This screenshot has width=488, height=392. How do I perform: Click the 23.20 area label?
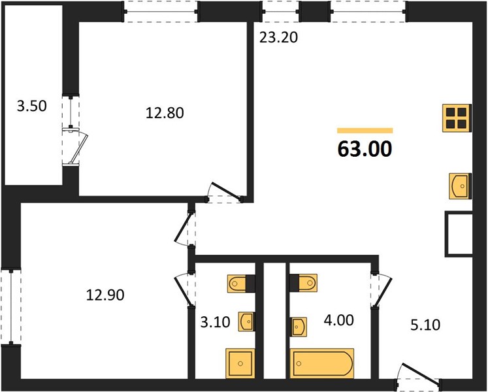point(278,38)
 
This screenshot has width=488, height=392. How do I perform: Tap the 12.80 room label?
point(165,113)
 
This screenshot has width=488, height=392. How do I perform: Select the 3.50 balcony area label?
point(32,106)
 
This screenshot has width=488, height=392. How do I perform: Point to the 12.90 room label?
point(105,295)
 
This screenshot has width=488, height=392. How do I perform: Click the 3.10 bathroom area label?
point(215,322)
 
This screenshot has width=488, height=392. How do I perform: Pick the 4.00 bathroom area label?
point(338,320)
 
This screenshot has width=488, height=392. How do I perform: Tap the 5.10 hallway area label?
point(425,325)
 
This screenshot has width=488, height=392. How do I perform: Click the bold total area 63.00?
point(365,149)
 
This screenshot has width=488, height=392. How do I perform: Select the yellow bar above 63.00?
point(365,131)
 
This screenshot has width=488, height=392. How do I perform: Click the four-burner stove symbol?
point(457,118)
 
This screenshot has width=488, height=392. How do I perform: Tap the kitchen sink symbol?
point(461,186)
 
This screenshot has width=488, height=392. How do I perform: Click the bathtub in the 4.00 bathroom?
point(322,363)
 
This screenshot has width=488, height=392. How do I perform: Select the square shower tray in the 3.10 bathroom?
point(240,364)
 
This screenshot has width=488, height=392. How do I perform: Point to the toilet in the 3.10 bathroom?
point(242,284)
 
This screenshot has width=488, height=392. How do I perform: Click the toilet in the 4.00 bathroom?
point(303,283)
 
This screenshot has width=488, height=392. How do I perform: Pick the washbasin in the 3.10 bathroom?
point(247,321)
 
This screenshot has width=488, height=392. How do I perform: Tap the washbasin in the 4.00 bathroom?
point(299,327)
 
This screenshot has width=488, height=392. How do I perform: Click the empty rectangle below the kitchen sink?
point(459,234)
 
